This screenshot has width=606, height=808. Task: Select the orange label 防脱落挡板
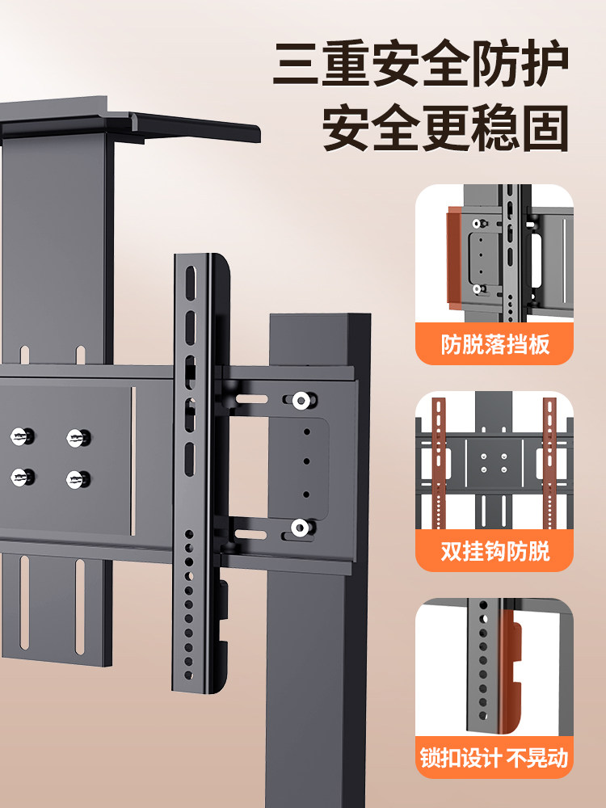click(x=494, y=345)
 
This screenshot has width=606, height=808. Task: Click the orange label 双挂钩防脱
click(x=494, y=552)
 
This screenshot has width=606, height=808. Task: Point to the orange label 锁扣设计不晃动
click(x=494, y=758)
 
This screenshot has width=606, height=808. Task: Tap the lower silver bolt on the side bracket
click(x=300, y=528)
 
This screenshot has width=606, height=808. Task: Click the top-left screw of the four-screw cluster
click(x=21, y=437)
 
